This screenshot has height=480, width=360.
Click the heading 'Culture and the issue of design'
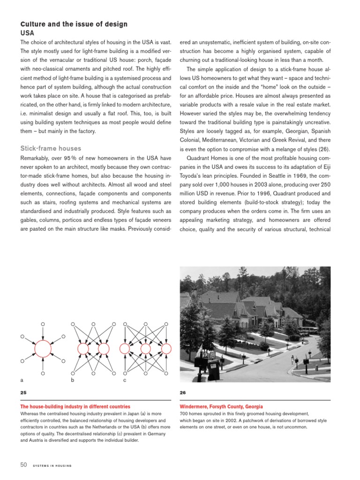pos(74,24)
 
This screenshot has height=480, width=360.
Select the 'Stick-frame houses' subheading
pos(51,149)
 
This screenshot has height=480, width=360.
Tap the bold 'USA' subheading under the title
pos(27,33)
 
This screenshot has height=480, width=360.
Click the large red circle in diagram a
pos(43,349)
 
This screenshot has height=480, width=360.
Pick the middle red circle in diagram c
pos(145,349)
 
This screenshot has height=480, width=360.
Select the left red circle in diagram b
pos(83,349)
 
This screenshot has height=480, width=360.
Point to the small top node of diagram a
pos(43,324)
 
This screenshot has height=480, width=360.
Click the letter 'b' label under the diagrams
pos(72,380)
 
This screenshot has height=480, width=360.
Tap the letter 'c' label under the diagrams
pos(125,380)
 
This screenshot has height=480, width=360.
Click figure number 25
pos(23,393)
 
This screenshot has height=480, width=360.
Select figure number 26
pos(183,393)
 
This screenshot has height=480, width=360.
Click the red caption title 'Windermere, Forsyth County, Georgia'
pos(221,406)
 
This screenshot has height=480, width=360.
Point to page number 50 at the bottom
pos(23,465)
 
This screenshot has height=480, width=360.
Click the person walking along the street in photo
pos(292,360)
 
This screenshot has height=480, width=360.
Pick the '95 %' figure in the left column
pos(75,159)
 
